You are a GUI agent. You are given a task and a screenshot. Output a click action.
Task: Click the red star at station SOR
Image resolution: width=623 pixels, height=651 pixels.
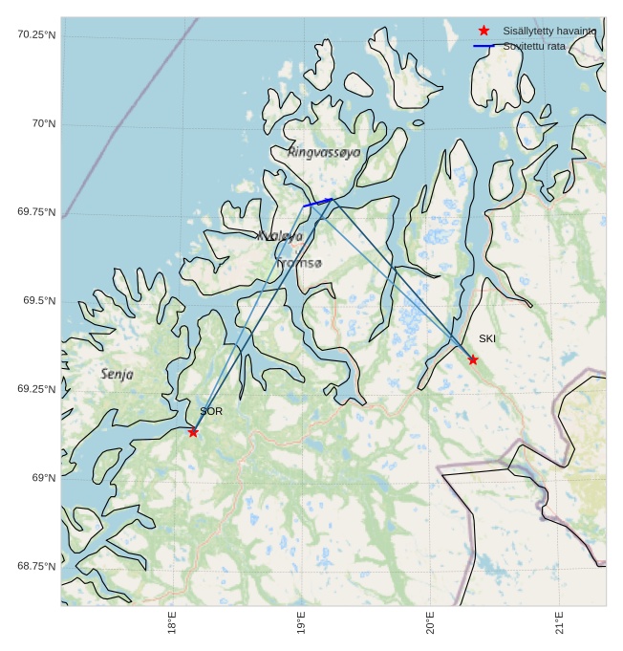[x=193, y=432]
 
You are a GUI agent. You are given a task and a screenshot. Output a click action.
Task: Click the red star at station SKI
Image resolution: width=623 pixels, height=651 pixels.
[x=473, y=359]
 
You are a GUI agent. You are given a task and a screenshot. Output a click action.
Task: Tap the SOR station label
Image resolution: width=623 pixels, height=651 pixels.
[x=211, y=411]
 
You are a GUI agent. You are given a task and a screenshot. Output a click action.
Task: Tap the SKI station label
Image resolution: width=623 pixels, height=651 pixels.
[x=487, y=338]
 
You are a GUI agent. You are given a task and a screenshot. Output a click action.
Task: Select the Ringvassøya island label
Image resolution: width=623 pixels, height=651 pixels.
[x=324, y=152]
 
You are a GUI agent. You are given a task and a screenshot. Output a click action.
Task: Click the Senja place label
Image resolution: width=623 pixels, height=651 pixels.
[x=118, y=375]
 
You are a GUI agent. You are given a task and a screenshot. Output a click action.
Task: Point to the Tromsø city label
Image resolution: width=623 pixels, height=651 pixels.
[x=300, y=263]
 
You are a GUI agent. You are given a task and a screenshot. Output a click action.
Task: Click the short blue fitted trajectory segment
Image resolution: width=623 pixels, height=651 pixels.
[x=317, y=203]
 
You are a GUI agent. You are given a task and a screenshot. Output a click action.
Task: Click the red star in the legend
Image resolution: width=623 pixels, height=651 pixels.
[x=483, y=31]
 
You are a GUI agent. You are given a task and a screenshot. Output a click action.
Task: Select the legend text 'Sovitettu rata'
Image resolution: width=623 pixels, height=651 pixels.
[x=534, y=46]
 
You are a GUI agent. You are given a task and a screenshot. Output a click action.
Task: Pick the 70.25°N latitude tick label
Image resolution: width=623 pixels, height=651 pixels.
[x=36, y=35]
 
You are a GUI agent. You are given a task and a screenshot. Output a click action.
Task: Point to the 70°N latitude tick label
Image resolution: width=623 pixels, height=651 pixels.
[x=44, y=124]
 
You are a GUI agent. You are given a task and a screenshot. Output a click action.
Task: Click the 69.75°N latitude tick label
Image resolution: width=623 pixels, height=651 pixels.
[x=36, y=212]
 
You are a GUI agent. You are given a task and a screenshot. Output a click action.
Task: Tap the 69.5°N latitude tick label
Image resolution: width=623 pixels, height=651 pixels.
[x=39, y=301]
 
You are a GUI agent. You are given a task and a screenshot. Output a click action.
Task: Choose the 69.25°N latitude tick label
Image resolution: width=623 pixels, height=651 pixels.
[x=36, y=389]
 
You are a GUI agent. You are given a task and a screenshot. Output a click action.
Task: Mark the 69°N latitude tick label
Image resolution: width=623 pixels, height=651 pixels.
[x=44, y=478]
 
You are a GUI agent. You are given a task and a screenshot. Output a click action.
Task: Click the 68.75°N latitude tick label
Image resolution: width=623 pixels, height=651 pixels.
[x=36, y=566]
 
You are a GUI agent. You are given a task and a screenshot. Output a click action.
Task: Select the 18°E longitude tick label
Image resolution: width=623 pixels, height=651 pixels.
[x=172, y=622]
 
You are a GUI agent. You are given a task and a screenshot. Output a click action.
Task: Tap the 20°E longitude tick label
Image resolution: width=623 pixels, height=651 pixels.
[x=431, y=622]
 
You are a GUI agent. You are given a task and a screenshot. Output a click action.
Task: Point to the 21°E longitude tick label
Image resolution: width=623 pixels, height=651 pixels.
[x=560, y=622]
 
